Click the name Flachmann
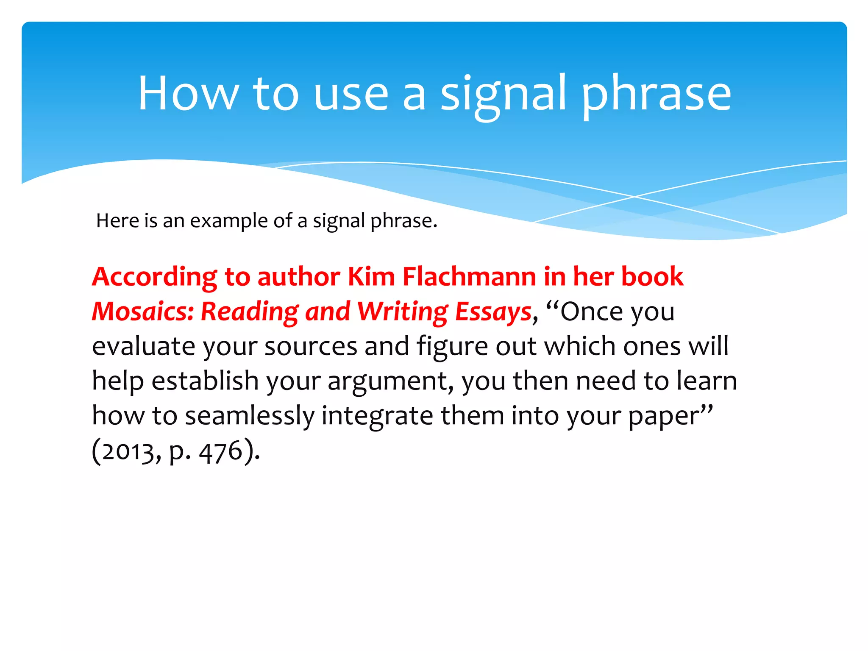pos(469,277)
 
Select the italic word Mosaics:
pos(143,312)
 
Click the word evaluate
pos(144,346)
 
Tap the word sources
pos(311,346)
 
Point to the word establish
pos(205,381)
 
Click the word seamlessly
pos(250,416)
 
